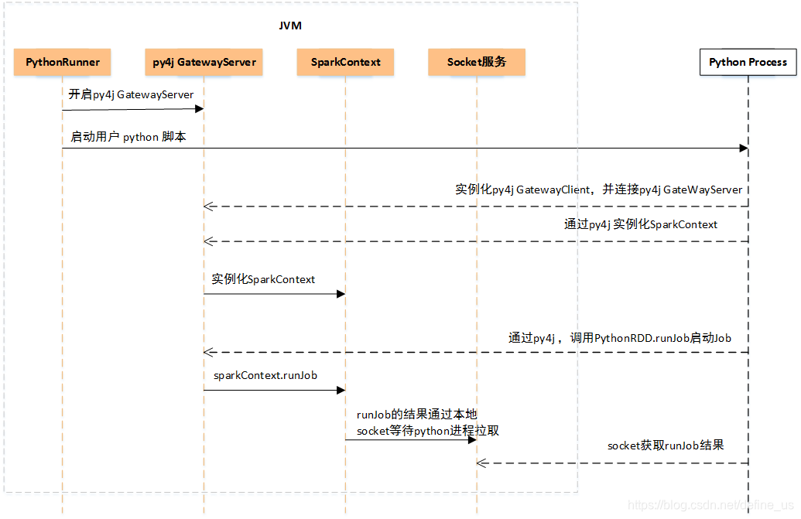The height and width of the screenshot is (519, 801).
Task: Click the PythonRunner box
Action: coord(63,62)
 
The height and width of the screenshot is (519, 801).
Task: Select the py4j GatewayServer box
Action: coord(204,62)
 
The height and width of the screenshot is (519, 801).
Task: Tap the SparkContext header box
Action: coord(345,62)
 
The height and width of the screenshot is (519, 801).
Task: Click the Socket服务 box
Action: coord(477,62)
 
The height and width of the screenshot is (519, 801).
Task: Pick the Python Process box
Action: coord(748,62)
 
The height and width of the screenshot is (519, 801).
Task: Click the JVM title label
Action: coord(290,26)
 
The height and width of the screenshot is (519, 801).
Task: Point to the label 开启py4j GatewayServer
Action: coord(131,94)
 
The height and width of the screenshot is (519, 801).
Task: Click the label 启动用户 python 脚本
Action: coord(128,137)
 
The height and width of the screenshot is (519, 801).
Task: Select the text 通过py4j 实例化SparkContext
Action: coord(641,224)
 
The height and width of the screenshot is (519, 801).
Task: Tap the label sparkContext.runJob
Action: coord(265,375)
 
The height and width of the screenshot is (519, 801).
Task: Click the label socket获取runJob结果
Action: coord(666,446)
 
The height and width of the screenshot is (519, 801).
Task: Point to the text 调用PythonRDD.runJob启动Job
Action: coord(651,337)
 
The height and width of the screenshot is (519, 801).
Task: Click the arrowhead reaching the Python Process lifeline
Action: coord(743,148)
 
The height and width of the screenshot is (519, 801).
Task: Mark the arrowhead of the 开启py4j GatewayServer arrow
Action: coord(199,109)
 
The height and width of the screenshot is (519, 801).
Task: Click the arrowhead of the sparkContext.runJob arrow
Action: coord(341,390)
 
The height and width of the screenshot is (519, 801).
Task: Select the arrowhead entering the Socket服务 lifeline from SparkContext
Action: coord(471,439)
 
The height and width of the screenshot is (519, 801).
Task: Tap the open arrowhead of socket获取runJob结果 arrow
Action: coord(481,463)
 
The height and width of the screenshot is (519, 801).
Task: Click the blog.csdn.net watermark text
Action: coord(710,504)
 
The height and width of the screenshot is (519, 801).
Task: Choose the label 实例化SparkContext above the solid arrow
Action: coord(263,279)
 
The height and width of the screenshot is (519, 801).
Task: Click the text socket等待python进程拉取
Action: coord(428,430)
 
